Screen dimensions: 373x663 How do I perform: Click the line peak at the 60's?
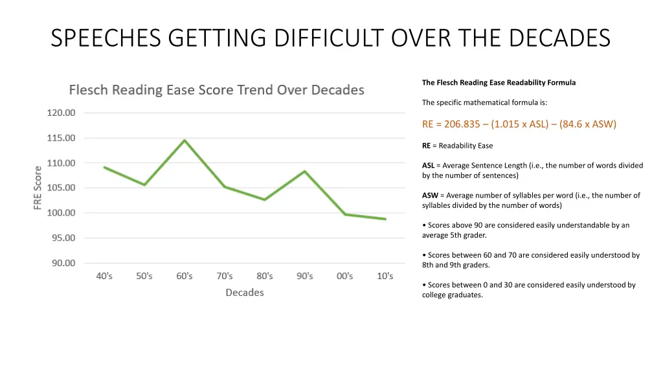[185, 141]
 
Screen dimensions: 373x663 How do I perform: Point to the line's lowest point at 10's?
[385, 219]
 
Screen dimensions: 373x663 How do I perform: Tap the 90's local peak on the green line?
[304, 172]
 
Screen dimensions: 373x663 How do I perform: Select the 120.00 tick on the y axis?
[61, 113]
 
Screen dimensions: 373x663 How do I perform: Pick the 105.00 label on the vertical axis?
[61, 188]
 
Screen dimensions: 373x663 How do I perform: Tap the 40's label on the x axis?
[104, 276]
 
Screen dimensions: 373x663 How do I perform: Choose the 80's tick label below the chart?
[264, 276]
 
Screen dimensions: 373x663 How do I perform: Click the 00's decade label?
[345, 276]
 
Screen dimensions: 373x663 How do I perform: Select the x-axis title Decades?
[244, 293]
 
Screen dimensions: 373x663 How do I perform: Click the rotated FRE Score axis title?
[38, 188]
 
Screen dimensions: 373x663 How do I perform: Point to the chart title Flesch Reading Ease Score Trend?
[216, 90]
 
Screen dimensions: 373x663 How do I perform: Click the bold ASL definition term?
[428, 165]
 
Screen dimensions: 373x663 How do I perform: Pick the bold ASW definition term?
[429, 195]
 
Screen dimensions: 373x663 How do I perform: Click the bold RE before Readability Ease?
[426, 146]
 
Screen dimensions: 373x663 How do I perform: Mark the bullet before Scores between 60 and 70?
[423, 255]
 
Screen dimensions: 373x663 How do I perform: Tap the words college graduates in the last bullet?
[452, 295]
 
